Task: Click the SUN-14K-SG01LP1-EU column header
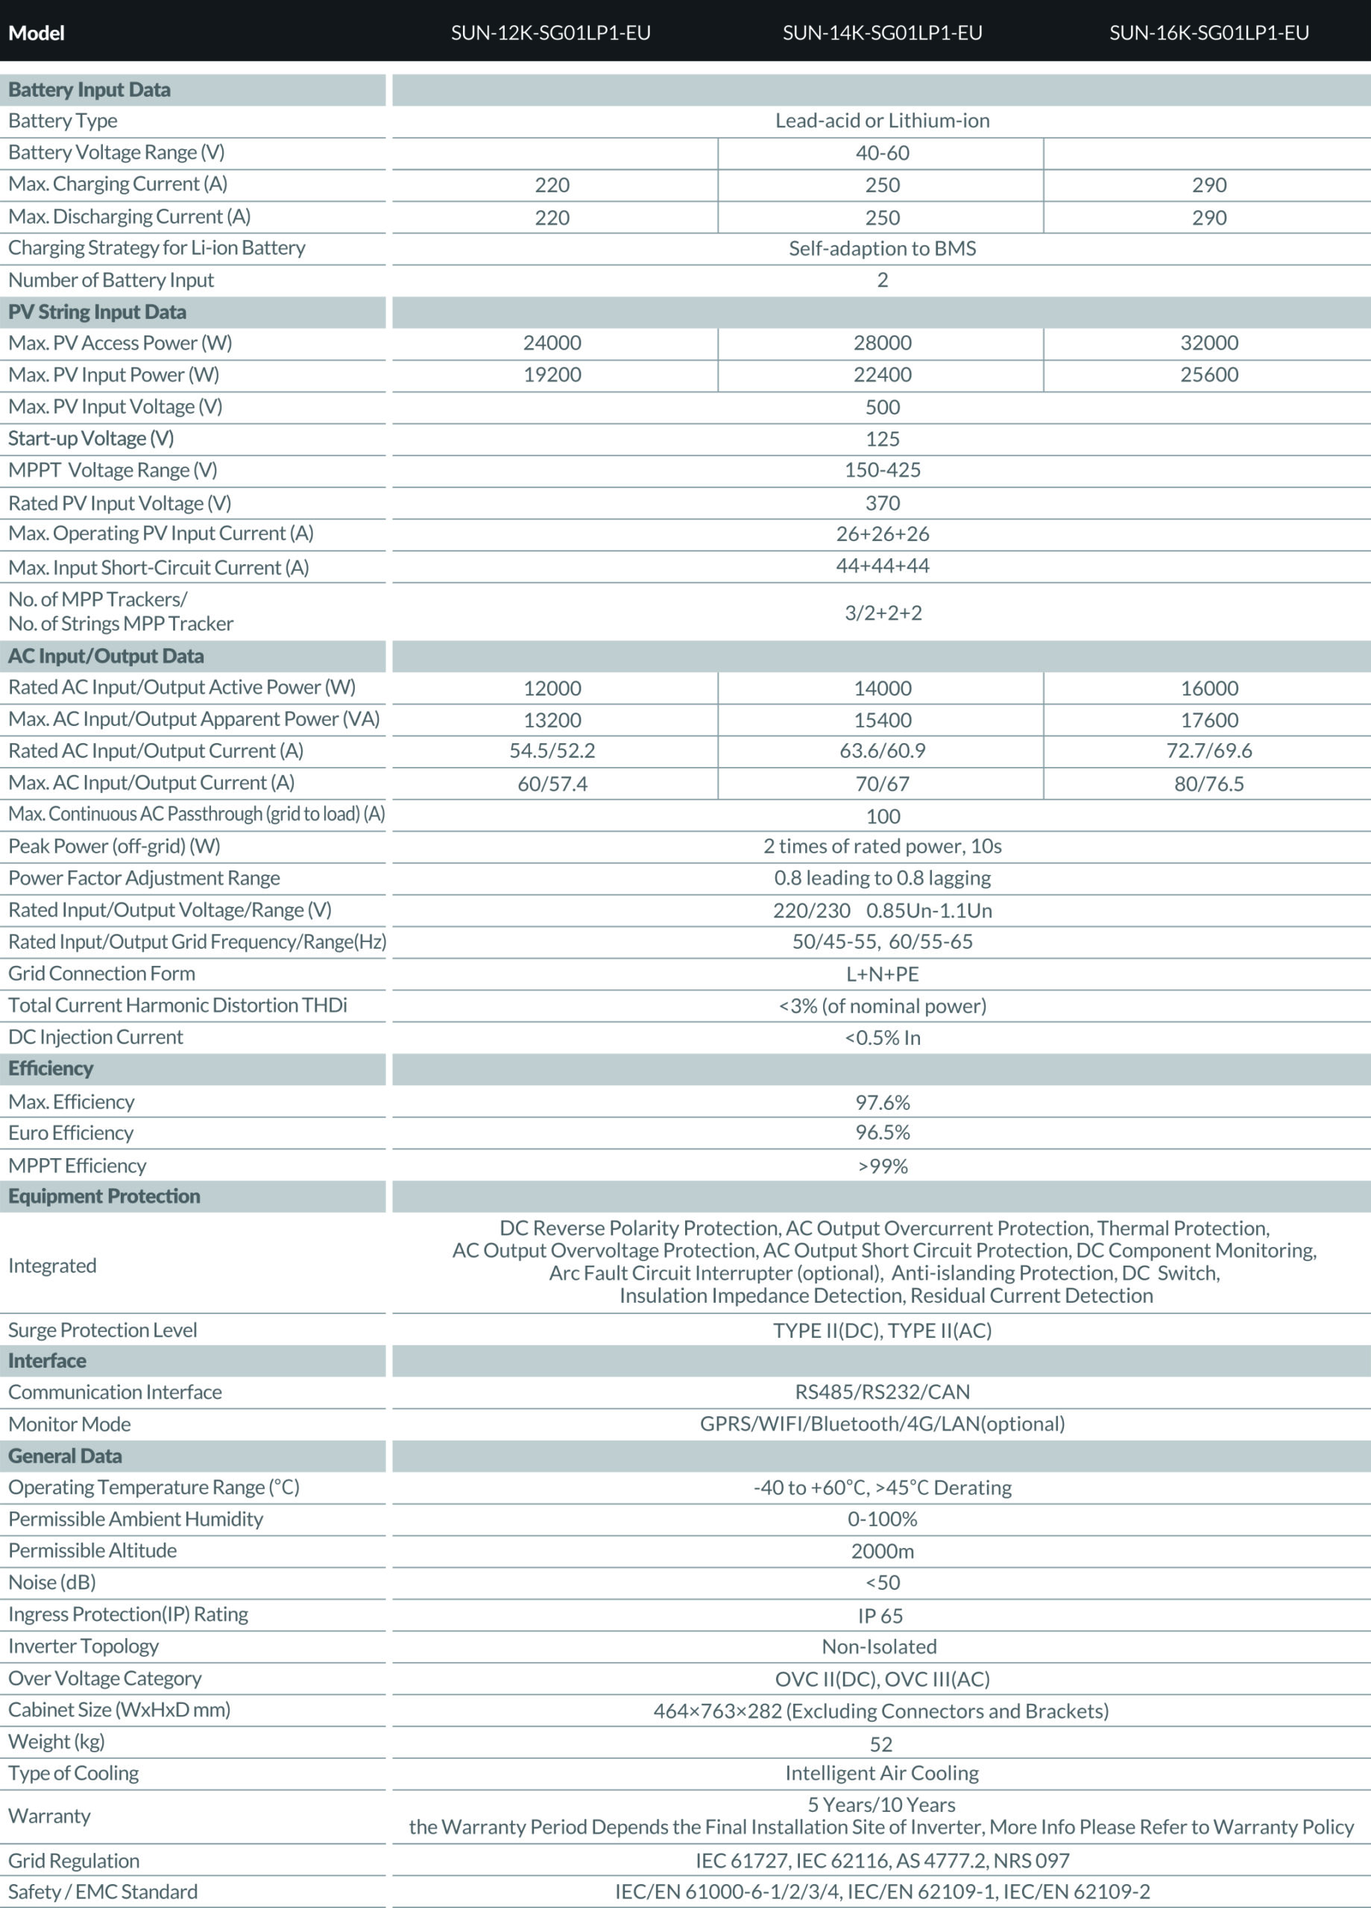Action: pyautogui.click(x=882, y=33)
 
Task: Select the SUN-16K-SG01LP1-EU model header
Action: pyautogui.click(x=1208, y=33)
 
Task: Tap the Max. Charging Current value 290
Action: pyautogui.click(x=1208, y=185)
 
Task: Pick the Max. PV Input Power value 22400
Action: pyautogui.click(x=882, y=375)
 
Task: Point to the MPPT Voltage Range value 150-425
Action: pyautogui.click(x=882, y=470)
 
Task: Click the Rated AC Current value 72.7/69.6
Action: pyautogui.click(x=1208, y=751)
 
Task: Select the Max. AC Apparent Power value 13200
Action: pyautogui.click(x=552, y=720)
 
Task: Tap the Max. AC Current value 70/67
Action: pyautogui.click(x=882, y=784)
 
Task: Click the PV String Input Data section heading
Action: pyautogui.click(x=98, y=312)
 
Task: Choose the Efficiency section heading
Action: pyautogui.click(x=51, y=1069)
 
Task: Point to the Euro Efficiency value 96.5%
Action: pyautogui.click(x=882, y=1133)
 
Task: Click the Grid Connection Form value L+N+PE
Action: pyautogui.click(x=882, y=974)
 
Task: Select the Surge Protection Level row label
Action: pyautogui.click(x=103, y=1330)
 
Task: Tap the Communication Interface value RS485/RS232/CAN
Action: pyautogui.click(x=882, y=1392)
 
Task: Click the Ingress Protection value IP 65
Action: pyautogui.click(x=880, y=1616)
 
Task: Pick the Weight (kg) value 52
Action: pyautogui.click(x=880, y=1744)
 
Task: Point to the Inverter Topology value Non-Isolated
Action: pyautogui.click(x=880, y=1647)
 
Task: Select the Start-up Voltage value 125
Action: pyautogui.click(x=882, y=439)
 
